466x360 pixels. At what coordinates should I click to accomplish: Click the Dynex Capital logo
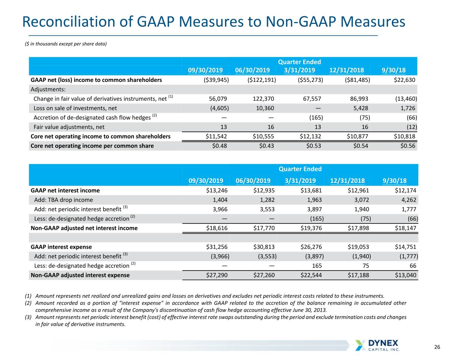click(x=378, y=345)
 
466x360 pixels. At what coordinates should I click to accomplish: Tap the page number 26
click(x=437, y=347)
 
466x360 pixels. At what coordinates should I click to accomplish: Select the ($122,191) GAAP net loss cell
click(x=262, y=80)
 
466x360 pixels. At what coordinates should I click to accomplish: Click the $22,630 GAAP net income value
click(x=405, y=80)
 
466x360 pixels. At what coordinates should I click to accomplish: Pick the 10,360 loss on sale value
click(x=265, y=108)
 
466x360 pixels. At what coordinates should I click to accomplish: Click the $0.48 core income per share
click(x=220, y=146)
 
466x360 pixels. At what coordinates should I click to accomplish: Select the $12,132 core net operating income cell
click(x=310, y=136)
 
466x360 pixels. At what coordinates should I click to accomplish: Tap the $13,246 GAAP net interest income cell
click(x=216, y=190)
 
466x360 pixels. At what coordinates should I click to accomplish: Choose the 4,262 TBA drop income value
click(x=409, y=200)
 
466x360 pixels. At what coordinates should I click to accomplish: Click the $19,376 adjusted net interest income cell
click(x=311, y=228)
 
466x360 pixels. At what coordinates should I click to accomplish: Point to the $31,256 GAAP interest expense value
click(x=216, y=247)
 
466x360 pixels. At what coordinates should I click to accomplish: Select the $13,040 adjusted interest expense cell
click(x=405, y=275)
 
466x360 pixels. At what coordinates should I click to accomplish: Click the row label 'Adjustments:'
click(x=48, y=89)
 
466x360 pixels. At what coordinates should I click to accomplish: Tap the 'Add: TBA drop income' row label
click(x=63, y=200)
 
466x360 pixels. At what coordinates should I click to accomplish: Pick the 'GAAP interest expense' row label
click(x=61, y=247)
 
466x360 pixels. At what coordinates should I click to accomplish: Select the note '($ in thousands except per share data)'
click(x=66, y=44)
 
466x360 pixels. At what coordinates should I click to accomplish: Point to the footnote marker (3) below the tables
click(x=28, y=317)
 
